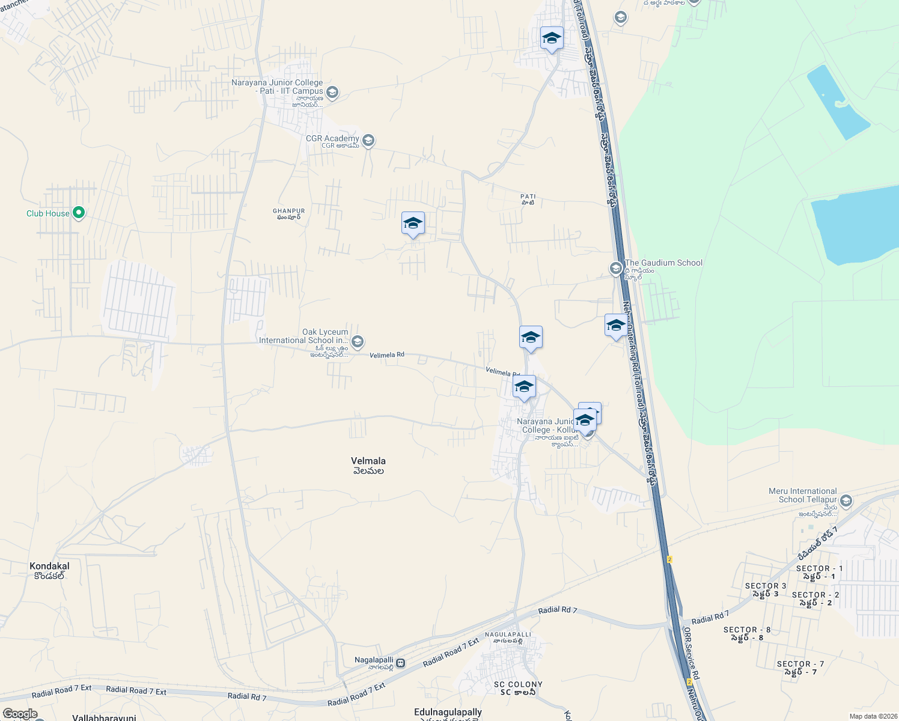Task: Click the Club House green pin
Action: click(x=78, y=213)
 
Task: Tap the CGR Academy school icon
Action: click(x=368, y=141)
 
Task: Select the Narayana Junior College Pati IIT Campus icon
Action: click(x=332, y=93)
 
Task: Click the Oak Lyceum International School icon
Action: click(x=357, y=342)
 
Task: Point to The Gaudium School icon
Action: click(x=615, y=268)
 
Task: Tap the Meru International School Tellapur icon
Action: click(x=846, y=500)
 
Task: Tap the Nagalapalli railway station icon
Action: click(x=401, y=663)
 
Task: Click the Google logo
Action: click(x=20, y=714)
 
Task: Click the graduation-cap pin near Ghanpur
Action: click(x=413, y=224)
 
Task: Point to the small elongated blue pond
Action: click(x=838, y=102)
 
